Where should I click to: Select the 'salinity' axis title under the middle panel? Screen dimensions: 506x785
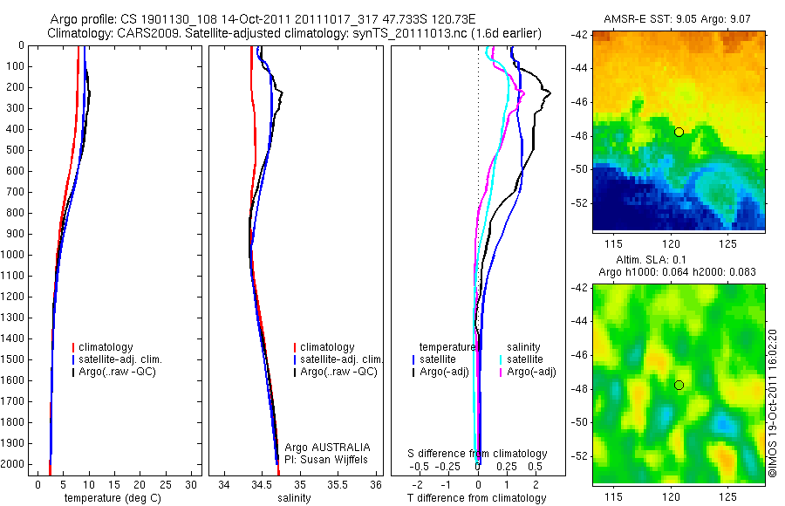pyautogui.click(x=293, y=498)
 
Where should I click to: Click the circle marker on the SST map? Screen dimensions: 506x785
pyautogui.click(x=679, y=132)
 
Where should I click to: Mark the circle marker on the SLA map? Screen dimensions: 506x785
pyautogui.click(x=679, y=385)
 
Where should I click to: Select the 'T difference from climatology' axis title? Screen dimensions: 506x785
pyautogui.click(x=476, y=498)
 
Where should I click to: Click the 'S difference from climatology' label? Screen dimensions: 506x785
pyautogui.click(x=478, y=454)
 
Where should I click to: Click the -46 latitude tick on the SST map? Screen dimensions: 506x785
pyautogui.click(x=580, y=101)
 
